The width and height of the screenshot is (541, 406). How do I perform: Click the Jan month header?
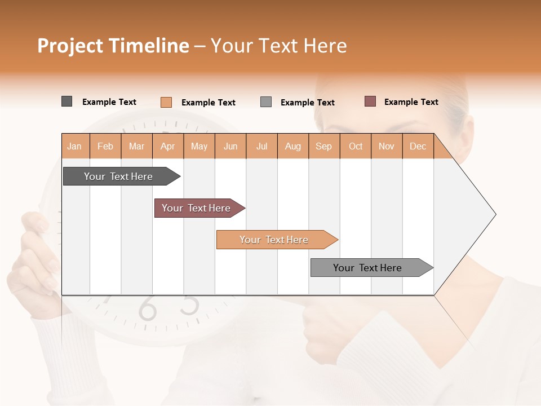click(75, 146)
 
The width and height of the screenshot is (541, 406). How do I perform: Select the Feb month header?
click(105, 146)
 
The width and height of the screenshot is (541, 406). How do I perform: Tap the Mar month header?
click(136, 146)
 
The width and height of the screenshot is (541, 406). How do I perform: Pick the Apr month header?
click(168, 146)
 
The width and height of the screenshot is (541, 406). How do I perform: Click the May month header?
click(199, 146)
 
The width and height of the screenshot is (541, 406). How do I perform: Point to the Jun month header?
click(230, 146)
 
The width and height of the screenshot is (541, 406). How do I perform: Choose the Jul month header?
click(261, 146)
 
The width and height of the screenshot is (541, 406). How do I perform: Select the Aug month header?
click(293, 146)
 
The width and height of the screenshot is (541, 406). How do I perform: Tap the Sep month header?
click(324, 146)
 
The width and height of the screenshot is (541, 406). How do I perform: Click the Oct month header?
click(356, 146)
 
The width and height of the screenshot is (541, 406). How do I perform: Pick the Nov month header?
click(387, 146)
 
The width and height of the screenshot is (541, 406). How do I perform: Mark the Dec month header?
click(418, 146)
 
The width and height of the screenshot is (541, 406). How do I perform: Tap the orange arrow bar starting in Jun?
click(274, 240)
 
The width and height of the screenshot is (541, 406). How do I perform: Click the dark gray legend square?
click(66, 101)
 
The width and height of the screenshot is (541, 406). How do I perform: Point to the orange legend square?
click(166, 102)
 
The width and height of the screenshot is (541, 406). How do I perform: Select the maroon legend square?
click(370, 101)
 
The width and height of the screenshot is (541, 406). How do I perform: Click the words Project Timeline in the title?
click(113, 46)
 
